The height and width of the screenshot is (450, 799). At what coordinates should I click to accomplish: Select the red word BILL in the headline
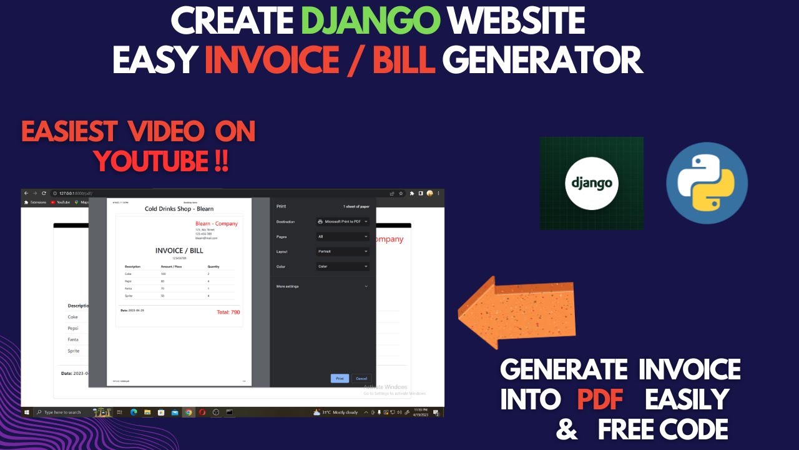pos(401,61)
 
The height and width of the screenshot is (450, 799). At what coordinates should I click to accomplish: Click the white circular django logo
pos(591,183)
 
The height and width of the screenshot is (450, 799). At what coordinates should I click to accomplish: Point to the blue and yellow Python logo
pos(707,183)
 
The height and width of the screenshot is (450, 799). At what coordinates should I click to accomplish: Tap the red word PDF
pos(600,399)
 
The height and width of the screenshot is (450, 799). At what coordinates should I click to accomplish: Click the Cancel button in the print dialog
pos(361,378)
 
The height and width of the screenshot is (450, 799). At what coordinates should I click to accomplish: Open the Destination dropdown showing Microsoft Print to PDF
pos(343,221)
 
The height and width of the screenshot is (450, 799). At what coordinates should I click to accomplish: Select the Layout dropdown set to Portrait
pos(343,251)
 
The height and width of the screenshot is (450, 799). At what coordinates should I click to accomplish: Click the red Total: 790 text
pos(228,312)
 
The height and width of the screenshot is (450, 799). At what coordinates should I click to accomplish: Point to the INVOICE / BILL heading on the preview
pos(179,251)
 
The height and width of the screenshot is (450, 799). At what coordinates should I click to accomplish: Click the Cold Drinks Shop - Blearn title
pos(179,209)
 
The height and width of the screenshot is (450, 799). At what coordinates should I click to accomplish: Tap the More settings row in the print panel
pos(322,286)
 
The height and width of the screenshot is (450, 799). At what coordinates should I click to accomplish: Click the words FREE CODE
pos(663,429)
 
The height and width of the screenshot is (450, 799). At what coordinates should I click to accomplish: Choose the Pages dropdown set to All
pos(343,236)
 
